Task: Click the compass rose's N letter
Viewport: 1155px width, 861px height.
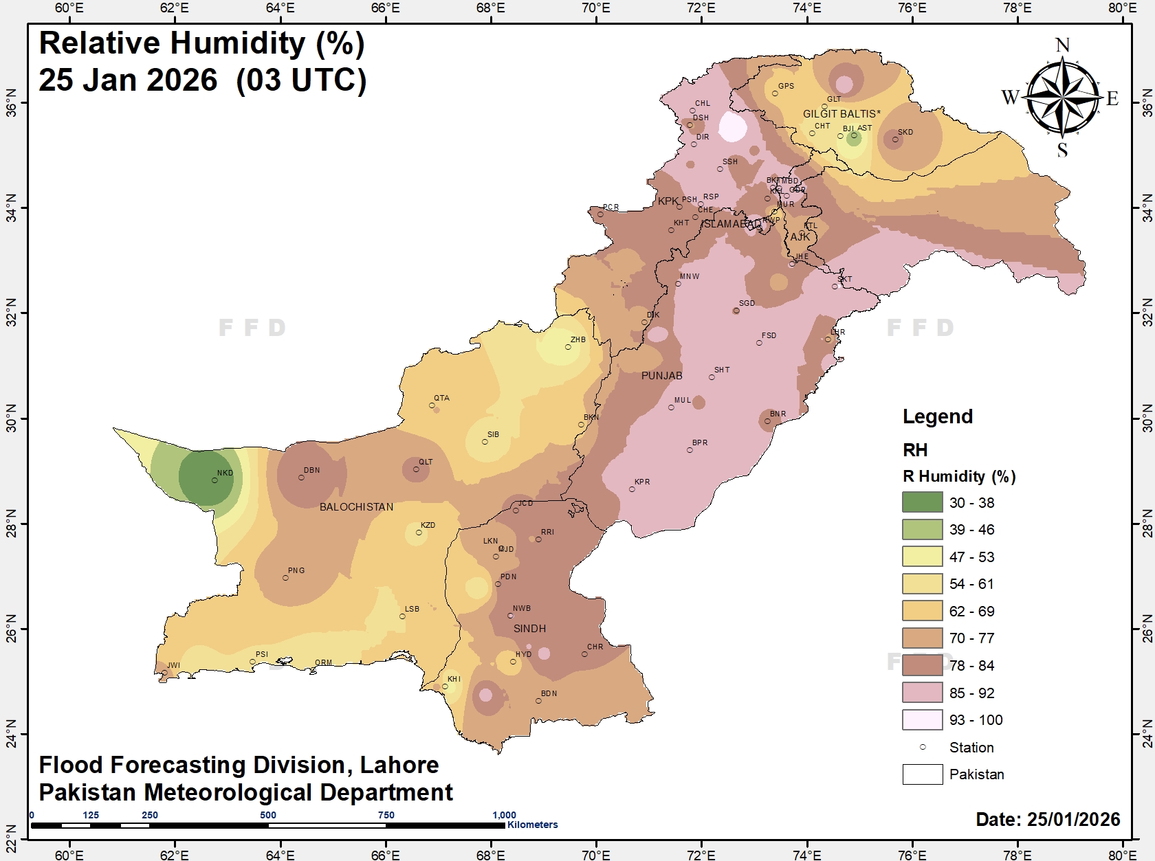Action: click(1062, 45)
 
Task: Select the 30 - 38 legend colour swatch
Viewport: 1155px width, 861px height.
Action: click(922, 502)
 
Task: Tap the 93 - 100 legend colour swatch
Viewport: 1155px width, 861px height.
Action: click(922, 719)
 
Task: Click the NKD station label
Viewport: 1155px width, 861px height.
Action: click(225, 473)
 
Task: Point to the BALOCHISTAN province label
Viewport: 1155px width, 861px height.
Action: click(356, 507)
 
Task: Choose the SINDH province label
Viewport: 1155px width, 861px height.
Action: click(529, 629)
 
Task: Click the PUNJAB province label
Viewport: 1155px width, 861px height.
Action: click(661, 376)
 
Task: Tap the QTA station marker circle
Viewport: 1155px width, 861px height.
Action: click(432, 405)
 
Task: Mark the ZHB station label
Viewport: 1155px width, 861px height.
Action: click(577, 339)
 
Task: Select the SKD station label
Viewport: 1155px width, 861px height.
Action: click(905, 132)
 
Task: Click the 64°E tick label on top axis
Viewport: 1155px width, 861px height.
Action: click(280, 8)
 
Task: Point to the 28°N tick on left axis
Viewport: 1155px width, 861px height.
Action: click(12, 524)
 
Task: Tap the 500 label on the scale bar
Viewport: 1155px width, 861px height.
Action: click(268, 815)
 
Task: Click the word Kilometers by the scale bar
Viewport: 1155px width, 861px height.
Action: click(532, 825)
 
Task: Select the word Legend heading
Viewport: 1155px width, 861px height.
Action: click(937, 416)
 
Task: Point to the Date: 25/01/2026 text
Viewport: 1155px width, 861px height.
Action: click(1048, 819)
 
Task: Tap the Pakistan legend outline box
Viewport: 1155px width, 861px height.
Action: click(922, 774)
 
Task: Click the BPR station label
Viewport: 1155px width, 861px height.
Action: click(700, 443)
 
